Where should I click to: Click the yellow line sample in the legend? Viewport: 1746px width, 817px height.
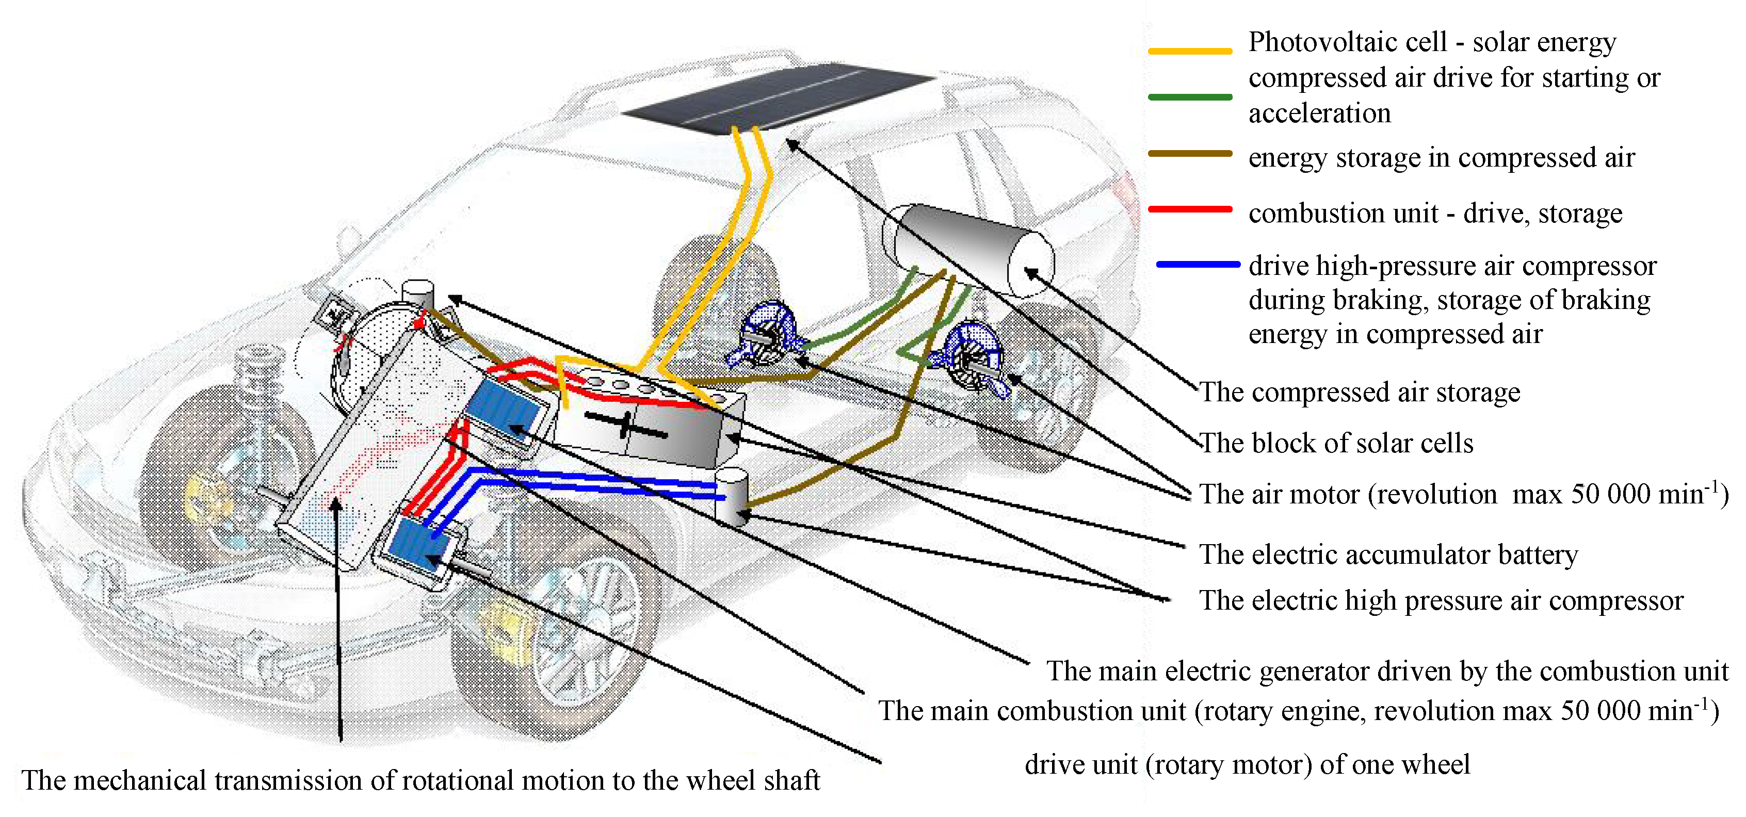point(1189,51)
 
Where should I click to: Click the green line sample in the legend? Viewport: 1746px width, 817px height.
point(1189,97)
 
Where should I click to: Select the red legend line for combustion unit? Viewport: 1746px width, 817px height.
point(1189,209)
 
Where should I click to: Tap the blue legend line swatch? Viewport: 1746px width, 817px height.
point(1198,264)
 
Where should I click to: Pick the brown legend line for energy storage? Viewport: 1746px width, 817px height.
point(1189,154)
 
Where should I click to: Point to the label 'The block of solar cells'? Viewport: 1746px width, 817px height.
point(1336,443)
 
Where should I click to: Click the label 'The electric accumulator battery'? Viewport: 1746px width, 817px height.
point(1388,554)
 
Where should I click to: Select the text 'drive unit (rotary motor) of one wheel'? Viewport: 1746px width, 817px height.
point(1247,764)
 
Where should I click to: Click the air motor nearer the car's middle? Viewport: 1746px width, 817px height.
point(769,335)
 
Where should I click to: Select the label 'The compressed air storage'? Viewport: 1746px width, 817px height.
point(1359,392)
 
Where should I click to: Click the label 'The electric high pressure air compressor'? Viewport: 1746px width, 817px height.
point(1441,600)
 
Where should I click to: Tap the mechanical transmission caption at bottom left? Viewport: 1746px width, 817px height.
point(420,780)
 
